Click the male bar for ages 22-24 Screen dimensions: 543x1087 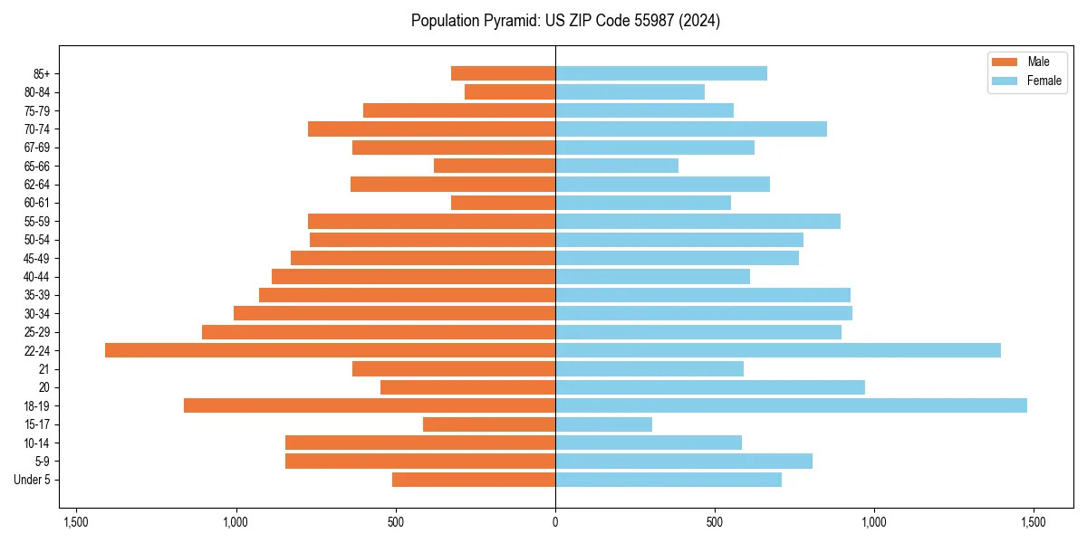click(x=330, y=350)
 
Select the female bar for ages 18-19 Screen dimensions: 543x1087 click(x=791, y=405)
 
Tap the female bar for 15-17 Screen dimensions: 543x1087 click(x=603, y=424)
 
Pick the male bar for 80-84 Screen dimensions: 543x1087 click(x=510, y=91)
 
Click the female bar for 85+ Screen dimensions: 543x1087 click(x=661, y=73)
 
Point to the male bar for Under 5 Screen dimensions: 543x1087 click(x=474, y=480)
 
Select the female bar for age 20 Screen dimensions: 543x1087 click(x=710, y=387)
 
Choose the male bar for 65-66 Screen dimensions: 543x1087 click(x=495, y=166)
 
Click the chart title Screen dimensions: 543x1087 click(x=565, y=21)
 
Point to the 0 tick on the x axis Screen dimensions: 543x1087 click(x=555, y=523)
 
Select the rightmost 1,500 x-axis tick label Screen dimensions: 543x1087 click(x=1034, y=523)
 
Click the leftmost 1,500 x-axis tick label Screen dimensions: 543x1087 click(x=76, y=523)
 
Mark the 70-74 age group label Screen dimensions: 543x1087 click(x=36, y=129)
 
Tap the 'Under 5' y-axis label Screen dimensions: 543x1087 click(x=32, y=480)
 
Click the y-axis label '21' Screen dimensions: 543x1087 click(x=44, y=369)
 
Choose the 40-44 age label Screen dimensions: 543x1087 click(x=36, y=277)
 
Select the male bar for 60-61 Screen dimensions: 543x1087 click(x=503, y=203)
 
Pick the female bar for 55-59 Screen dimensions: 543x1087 click(x=697, y=221)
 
